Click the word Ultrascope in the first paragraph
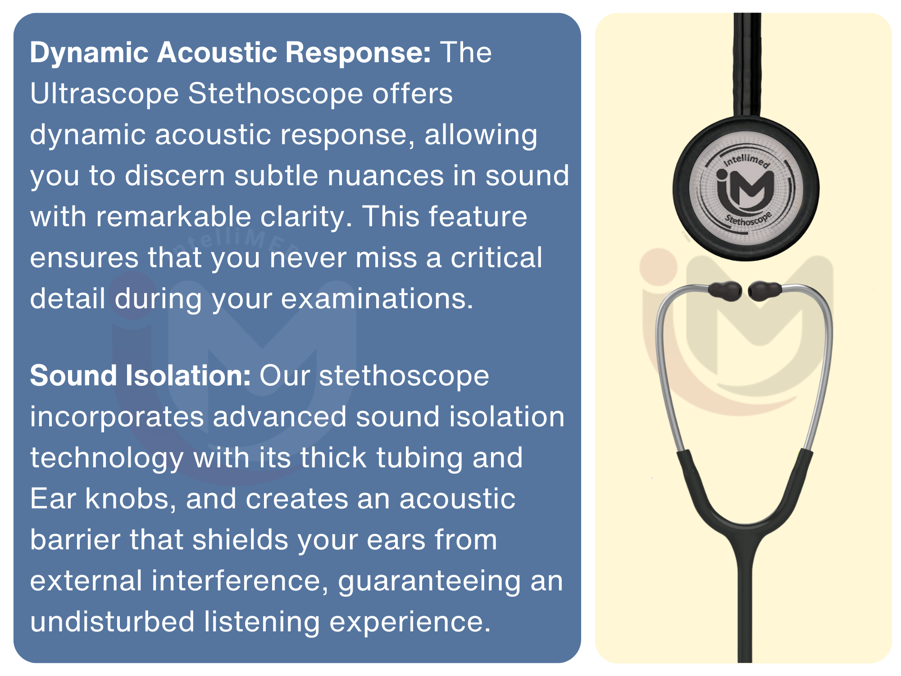105,94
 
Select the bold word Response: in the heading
358,52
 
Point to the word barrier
75,539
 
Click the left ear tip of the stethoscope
725,291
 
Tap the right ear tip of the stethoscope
765,290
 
